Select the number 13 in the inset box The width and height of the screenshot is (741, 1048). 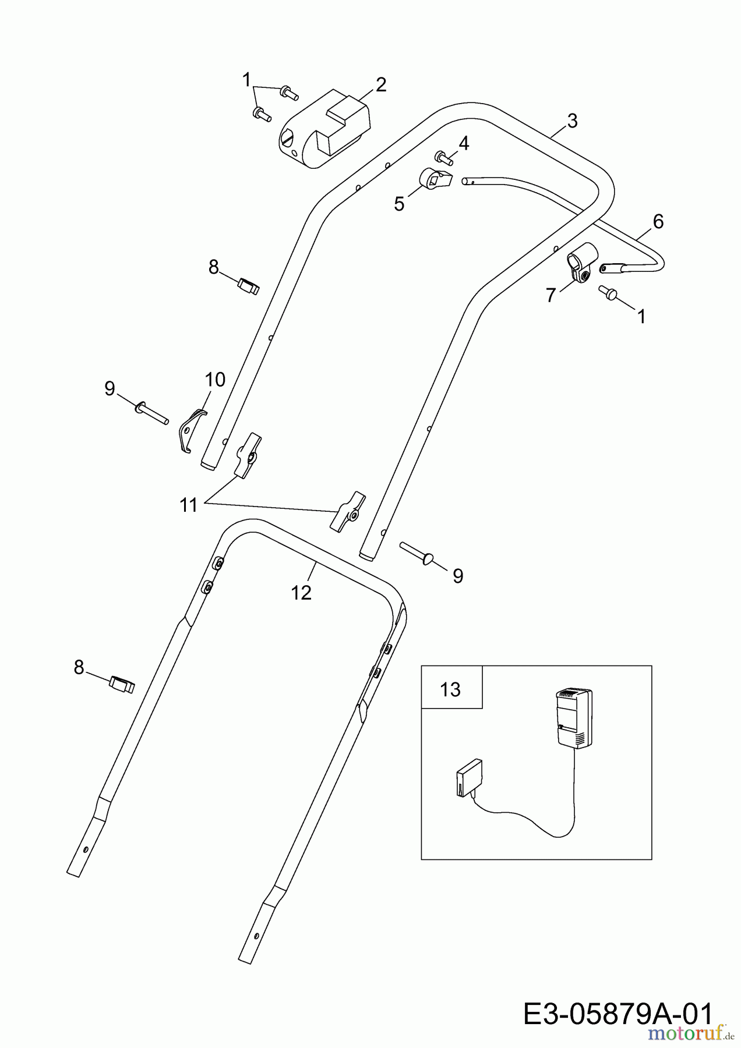[x=450, y=689]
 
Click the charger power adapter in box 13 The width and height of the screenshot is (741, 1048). [x=574, y=717]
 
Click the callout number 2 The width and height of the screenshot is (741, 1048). [x=380, y=85]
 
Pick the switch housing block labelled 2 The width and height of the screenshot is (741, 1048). [x=324, y=130]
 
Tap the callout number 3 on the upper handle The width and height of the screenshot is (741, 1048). [x=572, y=121]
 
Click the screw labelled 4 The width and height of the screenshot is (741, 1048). [x=443, y=157]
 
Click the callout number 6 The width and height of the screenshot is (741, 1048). [x=658, y=221]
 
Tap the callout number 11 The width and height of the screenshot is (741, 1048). [x=189, y=505]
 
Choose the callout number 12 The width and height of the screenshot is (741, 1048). [x=302, y=593]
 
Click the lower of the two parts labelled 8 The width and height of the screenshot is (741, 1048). [x=122, y=684]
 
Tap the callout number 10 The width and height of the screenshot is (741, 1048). [x=215, y=380]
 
